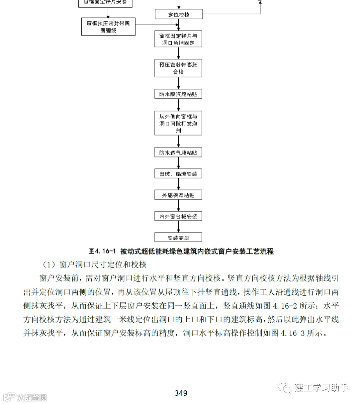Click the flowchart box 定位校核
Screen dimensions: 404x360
178,14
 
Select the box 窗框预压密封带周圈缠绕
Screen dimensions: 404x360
108,27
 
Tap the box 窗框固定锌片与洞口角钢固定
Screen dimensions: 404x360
178,39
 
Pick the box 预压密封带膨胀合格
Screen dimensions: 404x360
178,68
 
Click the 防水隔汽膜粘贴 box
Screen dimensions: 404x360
178,94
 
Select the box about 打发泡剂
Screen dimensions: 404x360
178,123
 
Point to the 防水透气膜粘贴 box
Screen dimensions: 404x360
178,153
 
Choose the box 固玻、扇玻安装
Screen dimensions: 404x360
178,174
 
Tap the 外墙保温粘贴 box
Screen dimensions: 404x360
178,195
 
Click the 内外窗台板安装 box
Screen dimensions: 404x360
178,217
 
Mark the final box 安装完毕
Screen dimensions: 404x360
178,238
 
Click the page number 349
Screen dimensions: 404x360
181,393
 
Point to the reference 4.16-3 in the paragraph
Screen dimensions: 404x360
293,333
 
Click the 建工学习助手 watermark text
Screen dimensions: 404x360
321,388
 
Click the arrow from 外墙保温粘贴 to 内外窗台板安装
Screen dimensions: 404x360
178,206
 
